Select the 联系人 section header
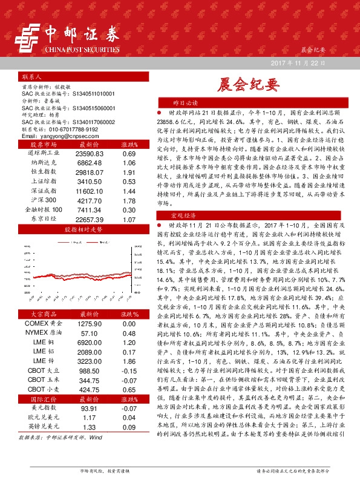pyautogui.click(x=31, y=78)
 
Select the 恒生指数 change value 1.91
pyautogui.click(x=129, y=173)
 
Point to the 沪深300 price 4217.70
pyautogui.click(x=90, y=200)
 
